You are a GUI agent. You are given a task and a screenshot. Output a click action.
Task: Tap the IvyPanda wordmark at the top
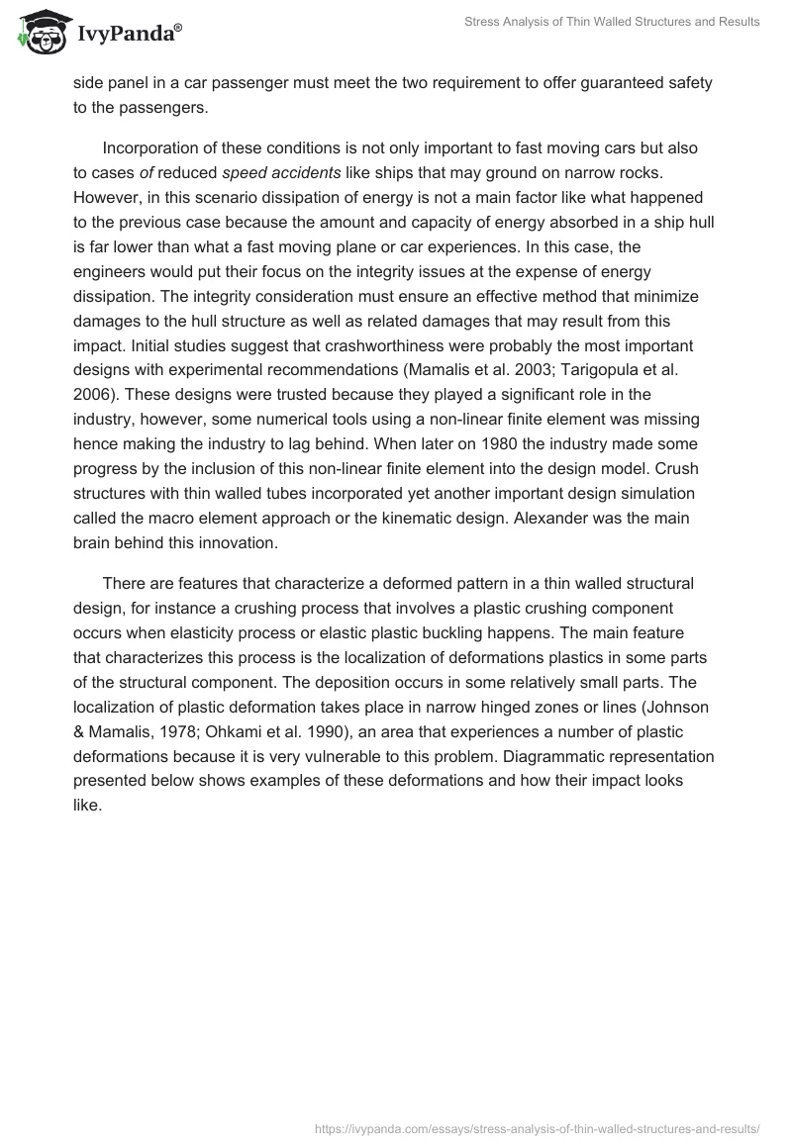coord(129,36)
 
